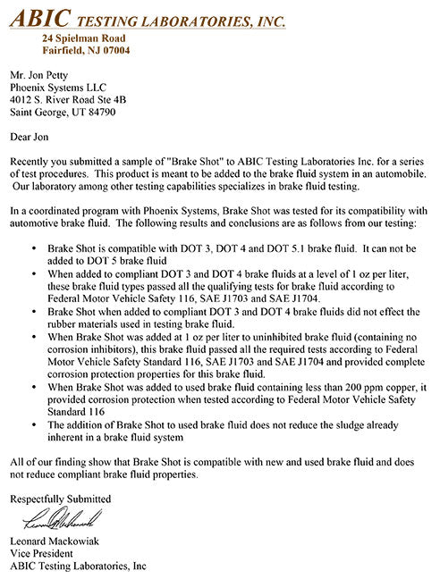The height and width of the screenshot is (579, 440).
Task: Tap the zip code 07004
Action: pos(113,51)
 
